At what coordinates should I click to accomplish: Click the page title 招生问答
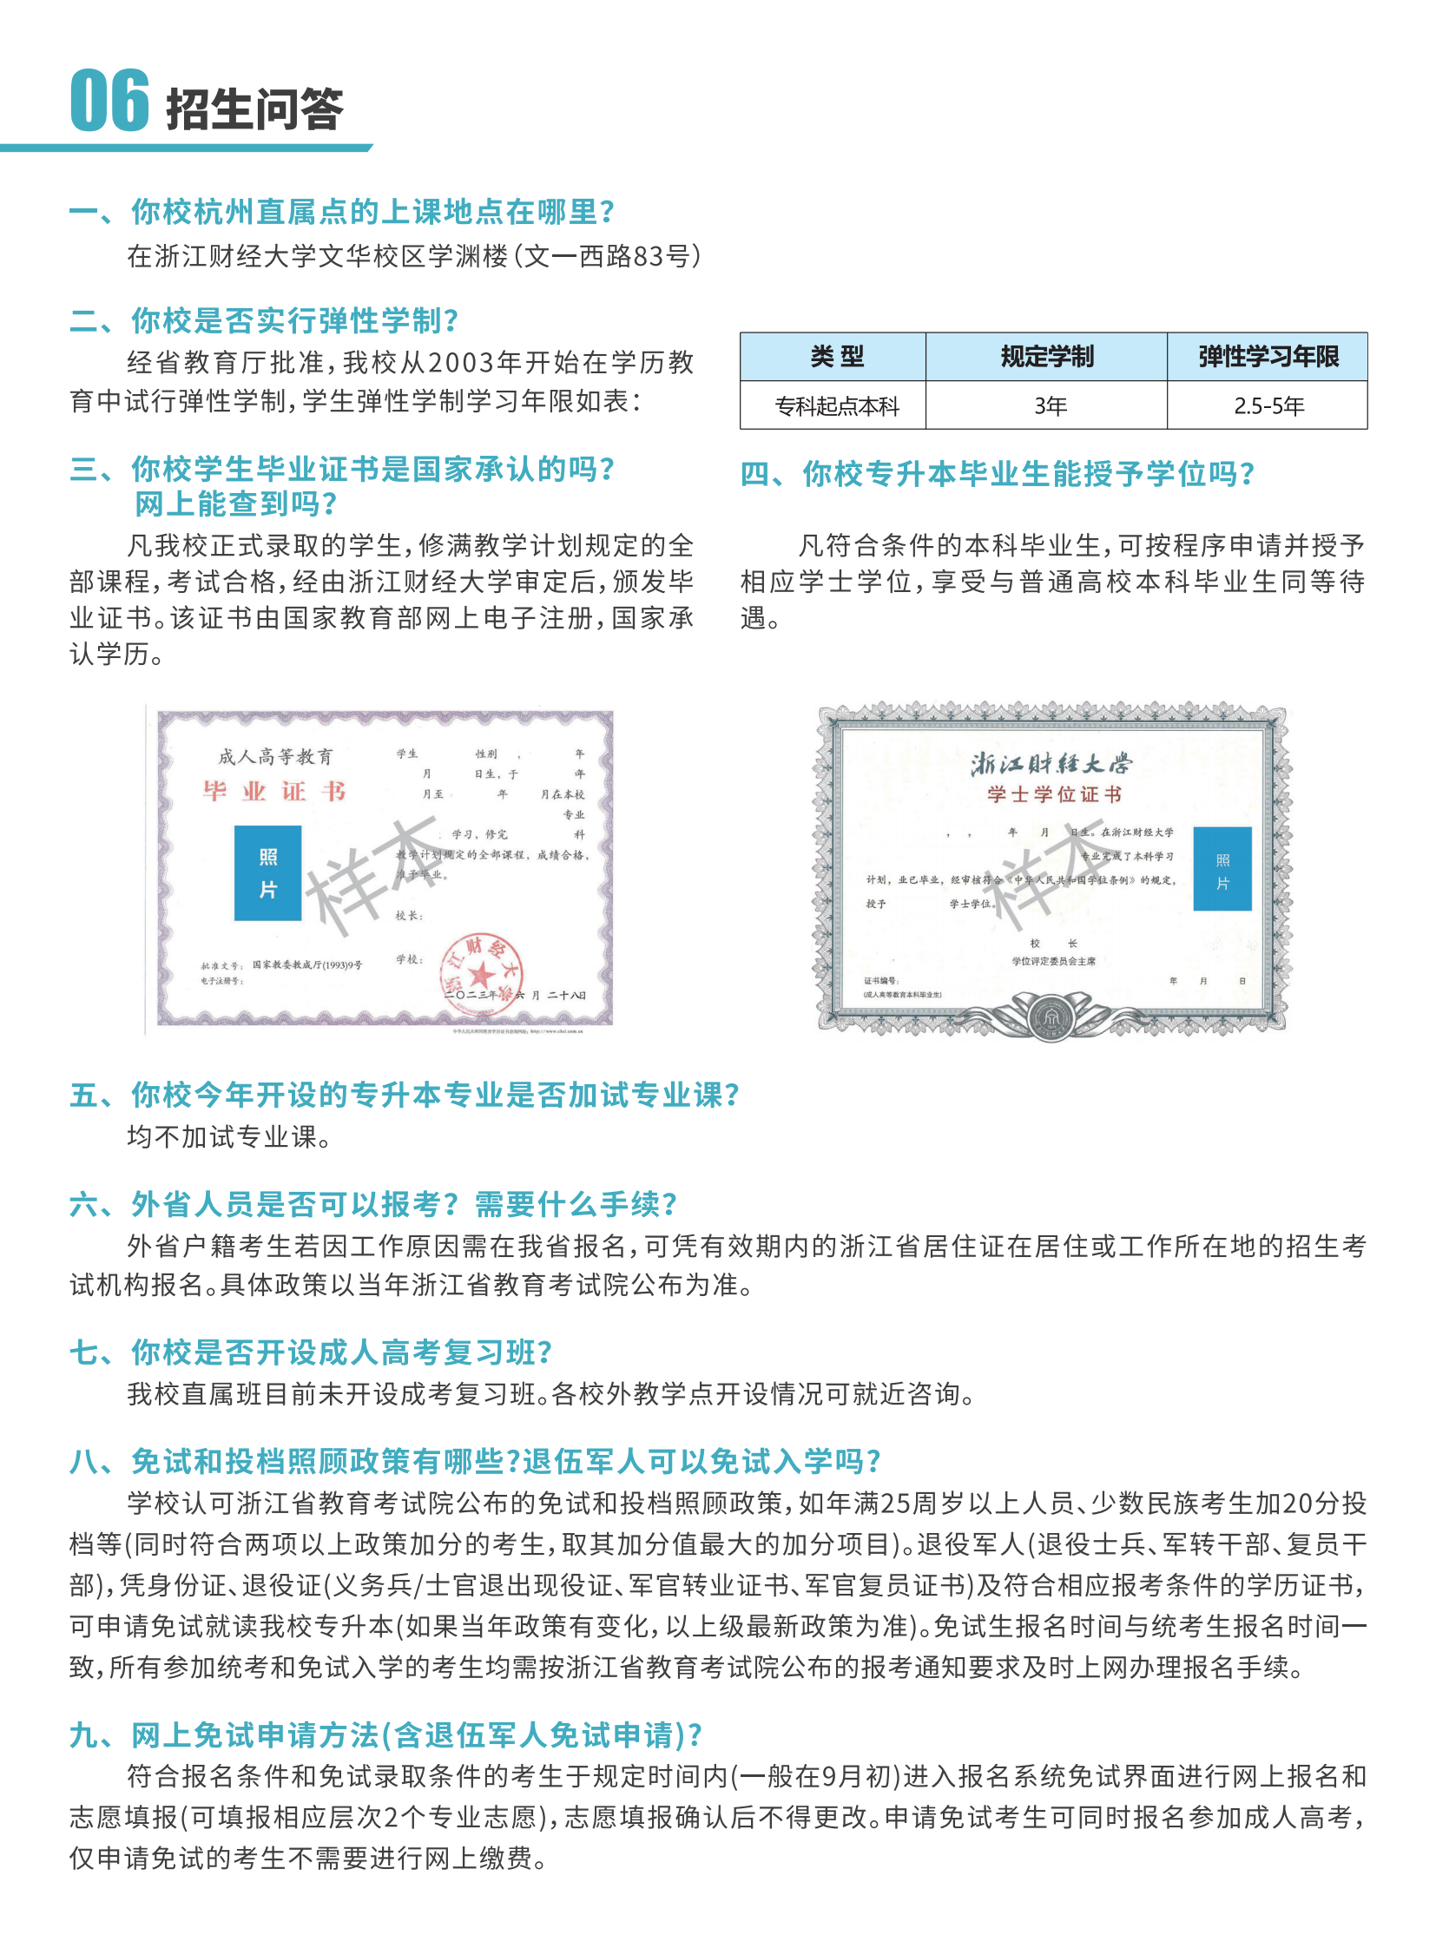(x=254, y=110)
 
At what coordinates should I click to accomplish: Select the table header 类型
(x=836, y=357)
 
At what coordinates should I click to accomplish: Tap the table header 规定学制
(x=1046, y=357)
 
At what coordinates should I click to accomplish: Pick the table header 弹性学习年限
(x=1268, y=357)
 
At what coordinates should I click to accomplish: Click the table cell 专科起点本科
(x=836, y=406)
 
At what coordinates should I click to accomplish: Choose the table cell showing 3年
(x=1049, y=406)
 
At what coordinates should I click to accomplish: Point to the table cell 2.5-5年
(x=1268, y=406)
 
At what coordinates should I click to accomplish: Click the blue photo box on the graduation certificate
(x=267, y=872)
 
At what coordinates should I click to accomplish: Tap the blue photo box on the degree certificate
(x=1222, y=868)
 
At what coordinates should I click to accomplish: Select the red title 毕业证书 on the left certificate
(x=274, y=791)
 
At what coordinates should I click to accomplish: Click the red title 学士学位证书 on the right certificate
(x=1053, y=794)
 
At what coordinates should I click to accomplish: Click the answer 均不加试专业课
(x=228, y=1136)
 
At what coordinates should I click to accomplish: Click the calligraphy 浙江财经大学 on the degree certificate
(x=1051, y=764)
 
